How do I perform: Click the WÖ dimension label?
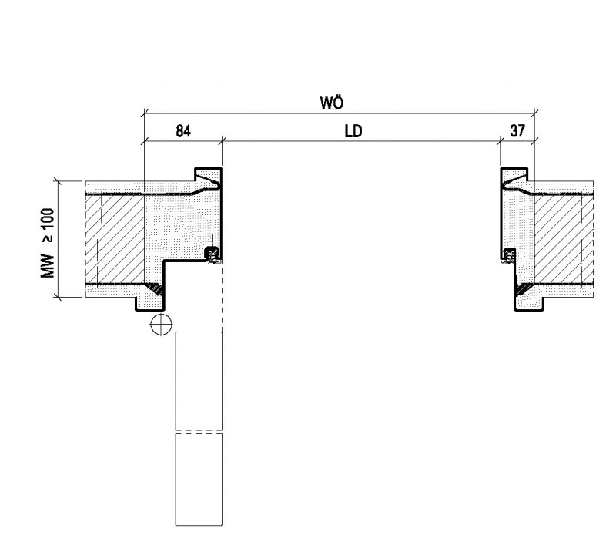coord(332,103)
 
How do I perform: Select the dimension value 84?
coord(183,131)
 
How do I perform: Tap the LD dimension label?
coord(353,131)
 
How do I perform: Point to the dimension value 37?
coord(517,131)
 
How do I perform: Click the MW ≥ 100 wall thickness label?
coord(48,243)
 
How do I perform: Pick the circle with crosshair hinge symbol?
coord(161,325)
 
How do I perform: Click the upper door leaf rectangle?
coord(199,381)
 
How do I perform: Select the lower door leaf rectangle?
coord(199,479)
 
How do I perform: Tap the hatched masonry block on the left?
coord(115,239)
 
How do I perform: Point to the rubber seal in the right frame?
coord(509,255)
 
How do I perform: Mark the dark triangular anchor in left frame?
coord(155,289)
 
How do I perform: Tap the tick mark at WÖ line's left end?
coord(145,113)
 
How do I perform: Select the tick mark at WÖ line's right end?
coord(534,113)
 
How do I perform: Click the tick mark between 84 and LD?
coord(222,140)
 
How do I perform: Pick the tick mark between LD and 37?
coord(500,140)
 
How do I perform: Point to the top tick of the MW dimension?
coord(58,181)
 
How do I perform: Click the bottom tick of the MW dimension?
coord(58,297)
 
